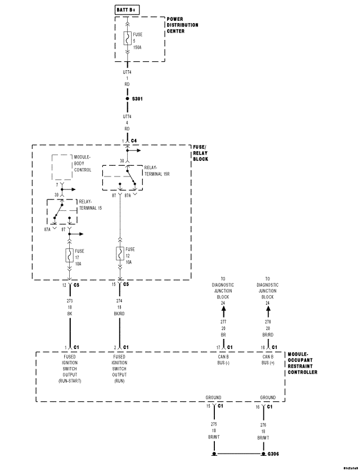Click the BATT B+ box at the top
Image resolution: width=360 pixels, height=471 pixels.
[x=127, y=11]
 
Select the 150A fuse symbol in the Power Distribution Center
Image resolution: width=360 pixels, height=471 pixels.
[x=127, y=38]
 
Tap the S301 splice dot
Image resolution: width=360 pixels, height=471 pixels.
[x=127, y=98]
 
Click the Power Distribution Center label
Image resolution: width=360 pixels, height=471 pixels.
[x=182, y=25]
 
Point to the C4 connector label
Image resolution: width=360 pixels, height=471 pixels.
[x=134, y=141]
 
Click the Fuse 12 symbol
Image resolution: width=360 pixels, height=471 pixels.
[x=119, y=253]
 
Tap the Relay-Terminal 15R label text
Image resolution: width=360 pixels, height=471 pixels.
[x=157, y=170]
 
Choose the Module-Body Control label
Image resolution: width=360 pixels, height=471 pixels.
[x=82, y=163]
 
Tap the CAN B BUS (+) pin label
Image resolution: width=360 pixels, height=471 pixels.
[x=268, y=360]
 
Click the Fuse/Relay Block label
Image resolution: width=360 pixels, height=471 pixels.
[x=200, y=153]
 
